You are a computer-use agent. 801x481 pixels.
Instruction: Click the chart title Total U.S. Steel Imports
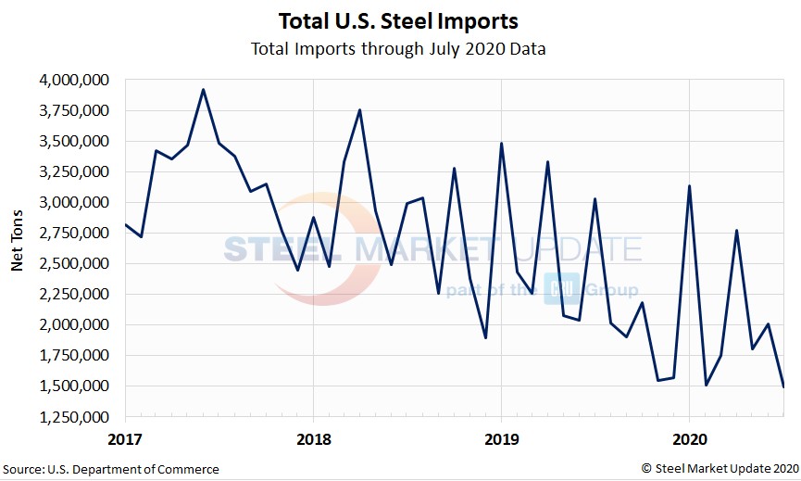point(398,20)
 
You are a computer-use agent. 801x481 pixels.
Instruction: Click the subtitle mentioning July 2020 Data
point(398,48)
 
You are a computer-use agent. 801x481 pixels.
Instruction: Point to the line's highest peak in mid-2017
point(204,90)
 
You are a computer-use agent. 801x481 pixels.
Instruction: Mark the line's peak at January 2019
point(501,144)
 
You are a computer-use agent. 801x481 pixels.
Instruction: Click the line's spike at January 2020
point(689,186)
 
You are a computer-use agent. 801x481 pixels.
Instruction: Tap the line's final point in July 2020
point(783,386)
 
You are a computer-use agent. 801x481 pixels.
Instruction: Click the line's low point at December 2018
point(485,337)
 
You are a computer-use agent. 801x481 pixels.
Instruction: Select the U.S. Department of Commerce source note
point(111,470)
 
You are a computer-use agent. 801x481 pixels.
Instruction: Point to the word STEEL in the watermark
point(283,250)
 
